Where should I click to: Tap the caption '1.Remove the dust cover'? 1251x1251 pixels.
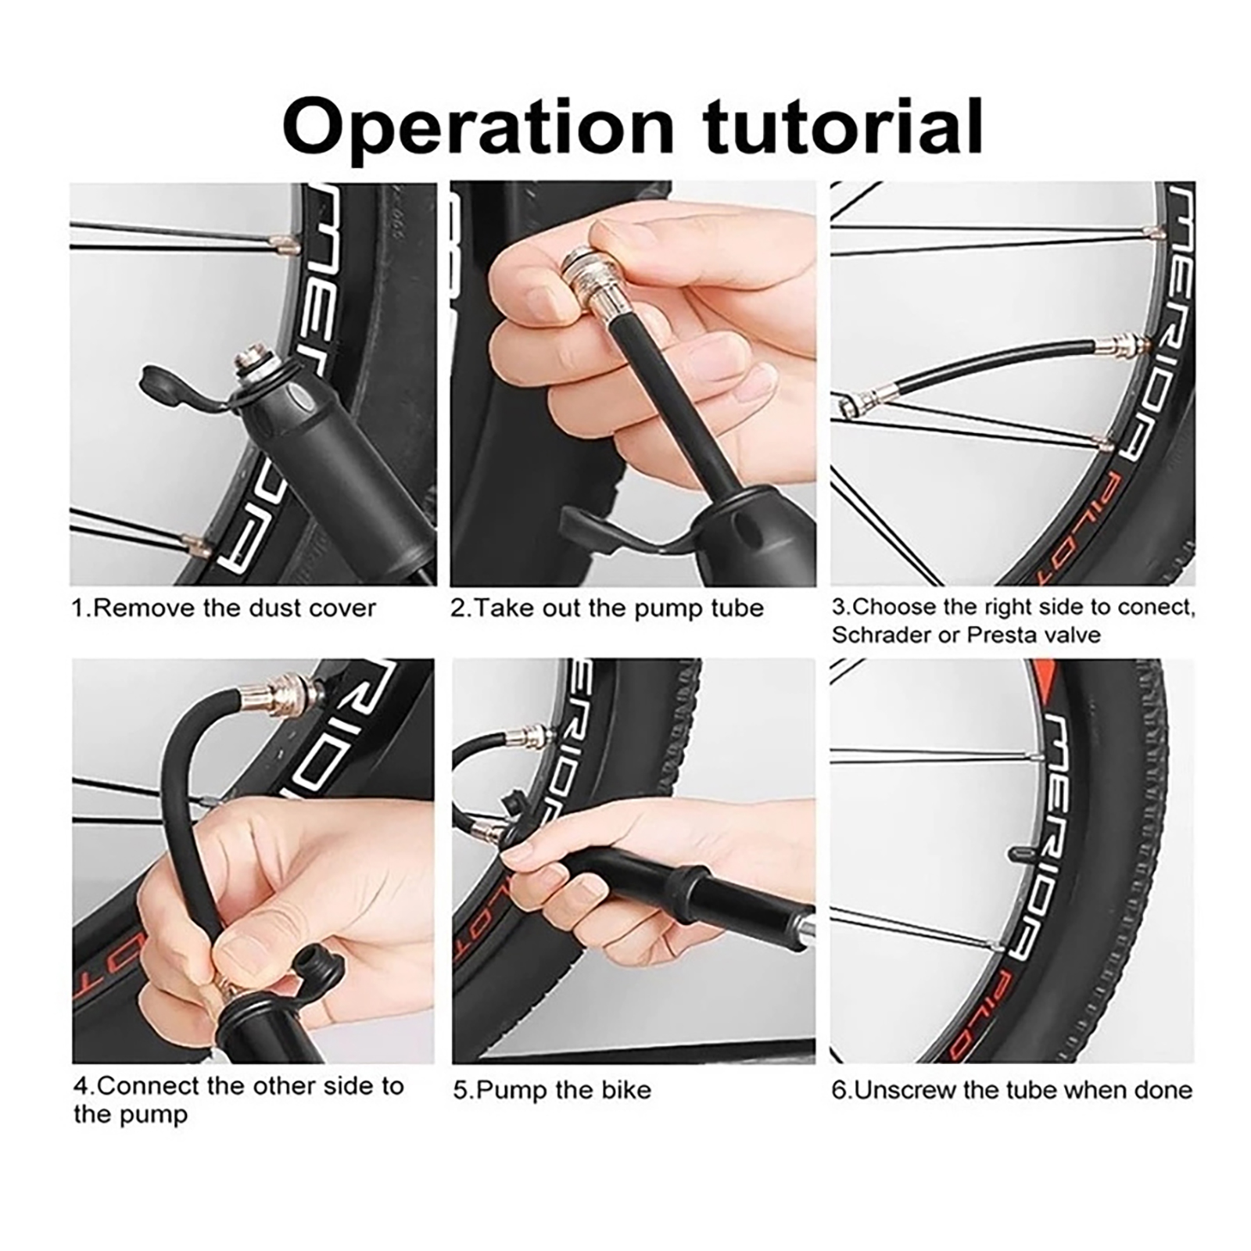pos(224,608)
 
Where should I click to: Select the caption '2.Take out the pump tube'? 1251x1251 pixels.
pos(607,608)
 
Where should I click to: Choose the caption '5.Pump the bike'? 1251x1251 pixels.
pos(552,1090)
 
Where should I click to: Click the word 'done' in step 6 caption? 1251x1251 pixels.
pos(1164,1090)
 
